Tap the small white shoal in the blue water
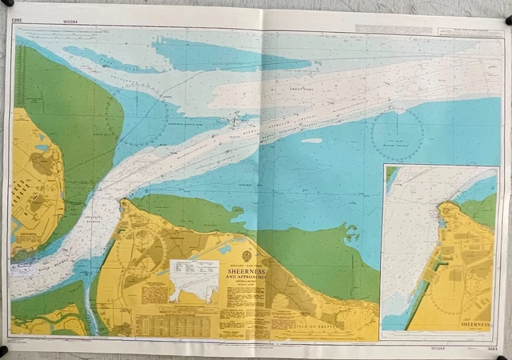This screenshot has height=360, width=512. [x=312, y=141]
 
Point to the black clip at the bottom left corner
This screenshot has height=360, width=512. [x=4, y=350]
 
